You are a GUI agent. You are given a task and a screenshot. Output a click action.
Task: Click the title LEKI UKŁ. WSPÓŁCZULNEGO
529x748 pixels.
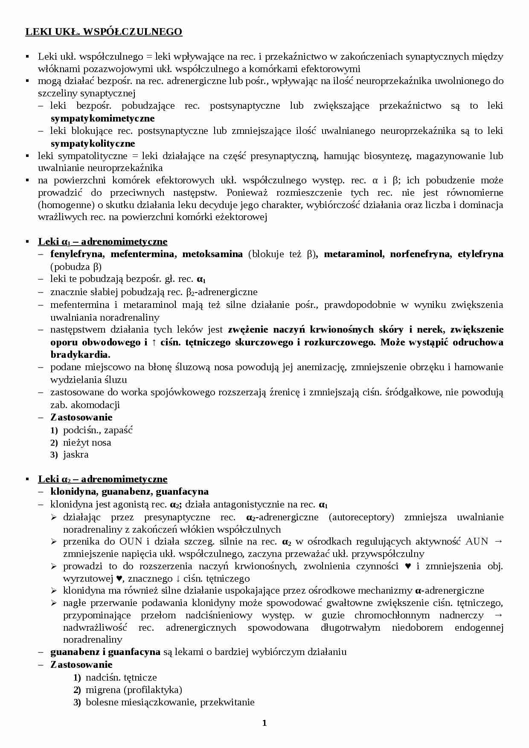pyautogui.click(x=104, y=32)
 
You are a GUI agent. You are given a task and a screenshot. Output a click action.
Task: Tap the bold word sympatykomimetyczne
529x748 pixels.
pyautogui.click(x=102, y=118)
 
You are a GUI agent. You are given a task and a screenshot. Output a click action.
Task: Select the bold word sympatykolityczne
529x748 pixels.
pyautogui.click(x=93, y=143)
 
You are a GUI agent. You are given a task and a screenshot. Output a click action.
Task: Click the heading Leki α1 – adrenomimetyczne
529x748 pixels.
pyautogui.click(x=102, y=242)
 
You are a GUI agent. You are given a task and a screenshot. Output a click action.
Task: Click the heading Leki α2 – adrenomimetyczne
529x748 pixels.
pyautogui.click(x=102, y=479)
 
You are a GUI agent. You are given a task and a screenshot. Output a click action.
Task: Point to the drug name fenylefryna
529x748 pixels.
pyautogui.click(x=77, y=254)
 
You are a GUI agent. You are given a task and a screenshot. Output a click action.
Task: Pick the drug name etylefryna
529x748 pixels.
pyautogui.click(x=480, y=254)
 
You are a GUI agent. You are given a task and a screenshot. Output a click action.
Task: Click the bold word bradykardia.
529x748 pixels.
pyautogui.click(x=80, y=354)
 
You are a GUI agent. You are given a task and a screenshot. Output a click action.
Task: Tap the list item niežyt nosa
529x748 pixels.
pyautogui.click(x=87, y=442)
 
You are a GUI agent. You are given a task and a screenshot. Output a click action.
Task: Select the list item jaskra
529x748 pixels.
pyautogui.click(x=76, y=455)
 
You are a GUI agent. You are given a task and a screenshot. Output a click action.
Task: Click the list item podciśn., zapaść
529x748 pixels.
pyautogui.click(x=98, y=430)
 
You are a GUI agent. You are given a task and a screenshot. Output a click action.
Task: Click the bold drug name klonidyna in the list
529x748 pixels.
pyautogui.click(x=73, y=492)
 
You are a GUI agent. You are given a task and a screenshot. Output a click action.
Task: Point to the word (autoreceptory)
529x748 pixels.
pyautogui.click(x=361, y=517)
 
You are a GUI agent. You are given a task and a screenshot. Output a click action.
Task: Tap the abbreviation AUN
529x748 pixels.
pyautogui.click(x=477, y=542)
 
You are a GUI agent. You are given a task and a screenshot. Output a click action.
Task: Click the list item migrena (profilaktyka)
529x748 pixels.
pyautogui.click(x=134, y=690)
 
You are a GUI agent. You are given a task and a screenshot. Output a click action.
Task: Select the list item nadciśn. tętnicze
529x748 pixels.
pyautogui.click(x=121, y=677)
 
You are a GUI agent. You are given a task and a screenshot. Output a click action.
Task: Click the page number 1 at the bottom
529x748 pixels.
pyautogui.click(x=264, y=722)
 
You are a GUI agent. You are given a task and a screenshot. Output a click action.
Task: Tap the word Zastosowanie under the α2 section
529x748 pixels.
pyautogui.click(x=81, y=664)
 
